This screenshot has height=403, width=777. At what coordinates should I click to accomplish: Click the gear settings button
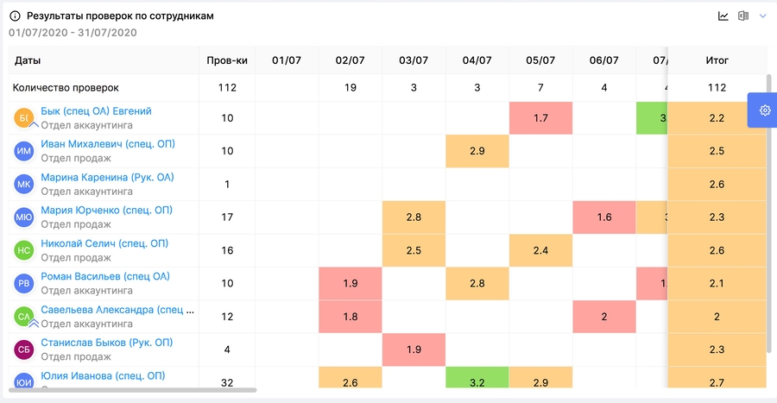[764, 110]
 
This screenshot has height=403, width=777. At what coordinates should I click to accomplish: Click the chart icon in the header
[723, 16]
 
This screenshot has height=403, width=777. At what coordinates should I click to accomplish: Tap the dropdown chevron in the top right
[762, 16]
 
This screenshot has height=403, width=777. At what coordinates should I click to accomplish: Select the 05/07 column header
[540, 60]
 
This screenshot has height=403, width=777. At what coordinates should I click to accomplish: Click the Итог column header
[717, 60]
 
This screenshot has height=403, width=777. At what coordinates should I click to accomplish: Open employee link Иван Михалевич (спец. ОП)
[108, 144]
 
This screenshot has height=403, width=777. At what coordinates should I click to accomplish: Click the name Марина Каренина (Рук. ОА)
[107, 178]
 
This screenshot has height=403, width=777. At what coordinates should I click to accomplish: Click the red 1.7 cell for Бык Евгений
[540, 118]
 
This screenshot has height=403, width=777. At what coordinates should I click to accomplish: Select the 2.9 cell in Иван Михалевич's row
[477, 151]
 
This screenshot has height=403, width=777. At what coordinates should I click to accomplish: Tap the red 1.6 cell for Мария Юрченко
[604, 217]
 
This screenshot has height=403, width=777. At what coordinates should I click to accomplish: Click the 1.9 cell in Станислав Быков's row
[414, 349]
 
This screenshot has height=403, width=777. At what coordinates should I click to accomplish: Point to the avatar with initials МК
[24, 184]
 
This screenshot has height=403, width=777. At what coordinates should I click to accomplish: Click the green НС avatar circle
[24, 250]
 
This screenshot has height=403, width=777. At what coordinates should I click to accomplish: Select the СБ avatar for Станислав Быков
[24, 349]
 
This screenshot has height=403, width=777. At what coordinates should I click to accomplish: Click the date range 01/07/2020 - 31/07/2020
[73, 33]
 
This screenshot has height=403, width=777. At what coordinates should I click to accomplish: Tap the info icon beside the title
[15, 16]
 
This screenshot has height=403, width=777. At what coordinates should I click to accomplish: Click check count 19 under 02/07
[351, 87]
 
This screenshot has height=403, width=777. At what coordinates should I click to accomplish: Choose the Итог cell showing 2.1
[717, 284]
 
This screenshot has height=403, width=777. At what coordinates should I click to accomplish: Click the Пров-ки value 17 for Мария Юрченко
[227, 217]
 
